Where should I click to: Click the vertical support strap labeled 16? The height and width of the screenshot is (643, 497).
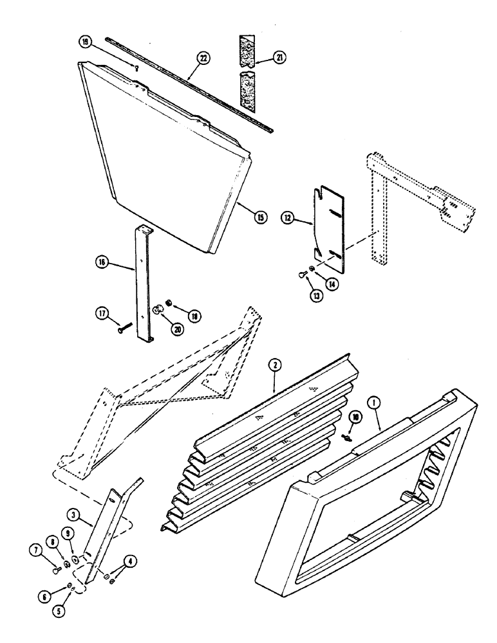(143, 283)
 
